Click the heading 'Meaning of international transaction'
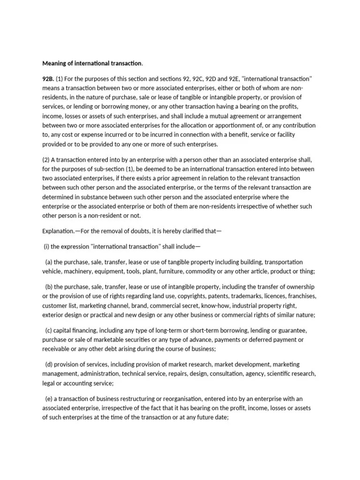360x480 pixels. pos(92,63)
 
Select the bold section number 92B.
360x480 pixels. pos(48,79)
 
